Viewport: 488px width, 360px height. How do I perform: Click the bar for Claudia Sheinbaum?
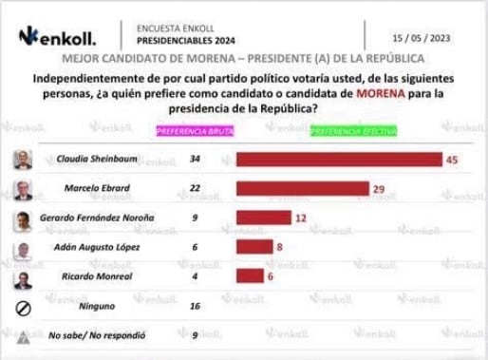338,160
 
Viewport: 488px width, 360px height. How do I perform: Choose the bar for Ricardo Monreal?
249,276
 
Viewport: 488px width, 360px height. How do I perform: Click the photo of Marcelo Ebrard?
22,189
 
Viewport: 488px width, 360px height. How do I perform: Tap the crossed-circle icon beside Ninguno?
22,307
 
